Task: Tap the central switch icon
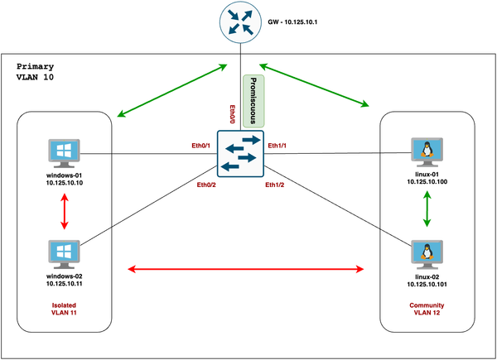240,153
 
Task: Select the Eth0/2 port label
207,185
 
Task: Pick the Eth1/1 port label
277,146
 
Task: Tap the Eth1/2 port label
275,185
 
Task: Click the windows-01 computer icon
65,153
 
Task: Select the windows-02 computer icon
65,252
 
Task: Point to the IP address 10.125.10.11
65,283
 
